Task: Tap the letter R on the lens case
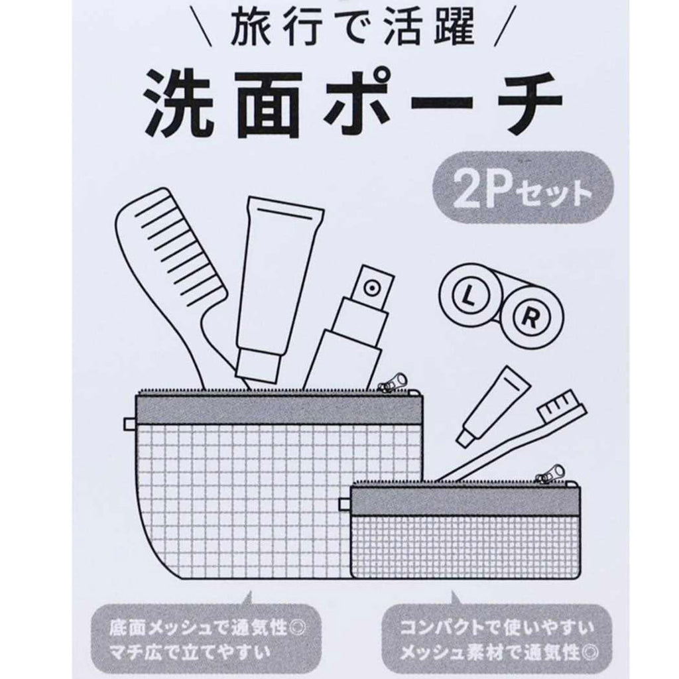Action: click(x=529, y=318)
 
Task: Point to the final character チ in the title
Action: click(x=528, y=104)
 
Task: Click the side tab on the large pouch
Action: click(x=129, y=424)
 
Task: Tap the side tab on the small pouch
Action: click(x=345, y=504)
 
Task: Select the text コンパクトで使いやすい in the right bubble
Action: click(x=497, y=627)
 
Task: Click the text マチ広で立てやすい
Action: click(x=190, y=652)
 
